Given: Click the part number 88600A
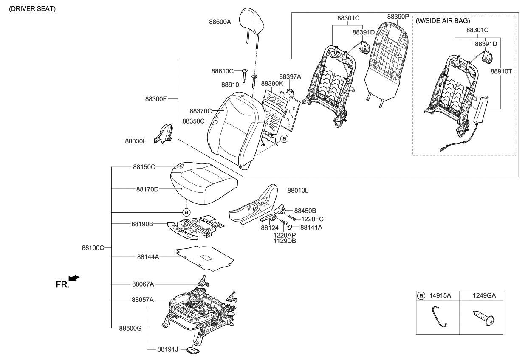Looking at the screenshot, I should click(220, 21).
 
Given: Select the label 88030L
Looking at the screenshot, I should click(136, 141).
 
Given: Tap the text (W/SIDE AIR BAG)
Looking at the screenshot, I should click(443, 20).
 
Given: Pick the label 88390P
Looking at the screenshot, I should click(398, 17).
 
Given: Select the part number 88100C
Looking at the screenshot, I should click(93, 247).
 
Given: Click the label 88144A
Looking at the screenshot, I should click(148, 257).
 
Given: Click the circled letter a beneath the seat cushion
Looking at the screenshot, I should click(186, 211).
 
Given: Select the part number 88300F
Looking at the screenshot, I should click(155, 99).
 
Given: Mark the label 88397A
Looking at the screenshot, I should click(290, 76).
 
